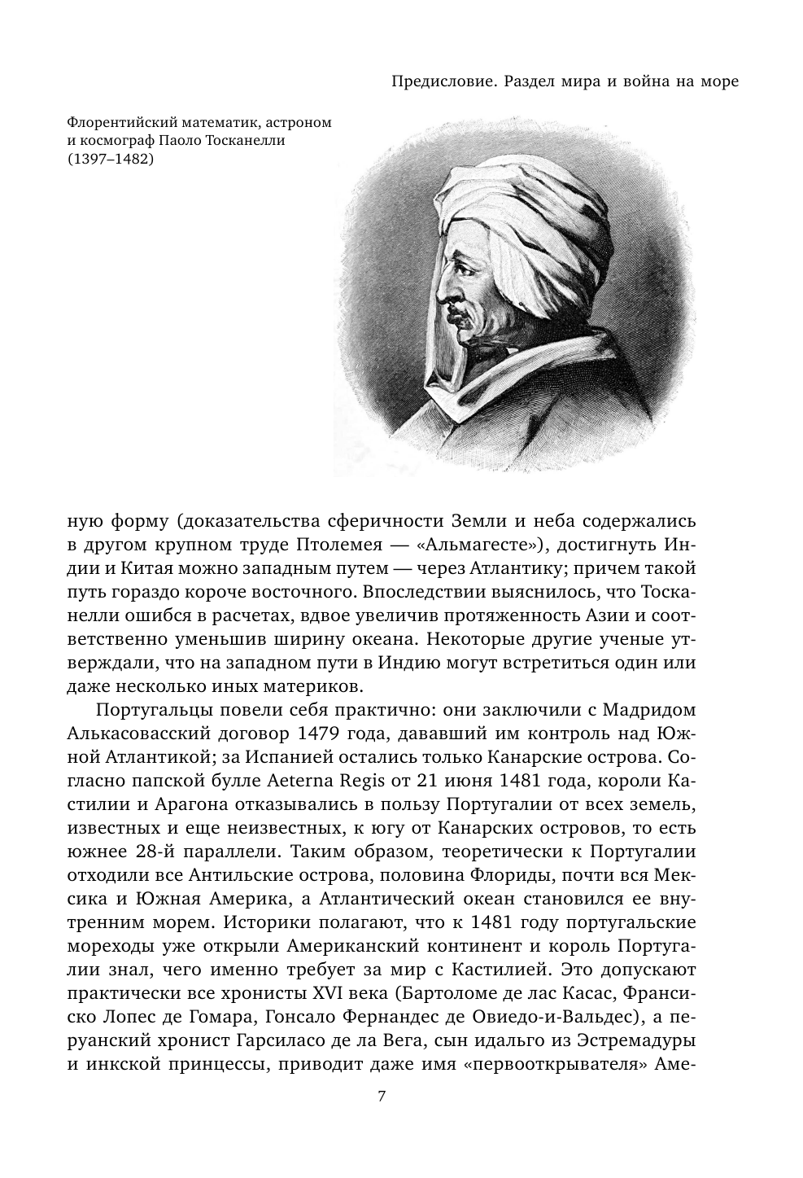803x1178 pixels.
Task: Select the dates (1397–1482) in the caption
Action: (109, 160)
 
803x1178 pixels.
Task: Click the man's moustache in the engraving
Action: (456, 313)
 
